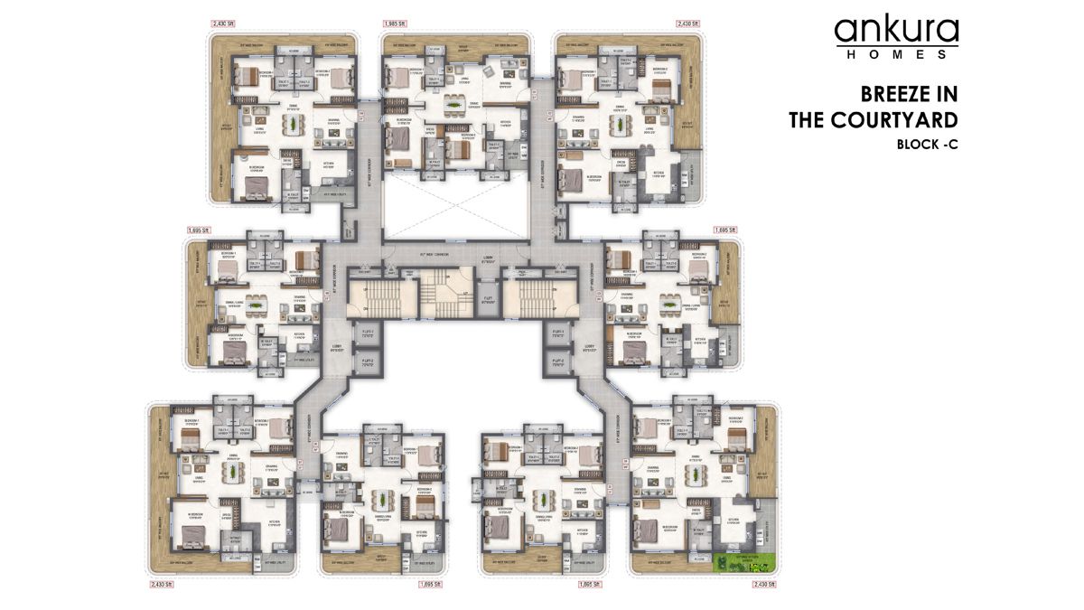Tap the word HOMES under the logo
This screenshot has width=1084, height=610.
(896, 55)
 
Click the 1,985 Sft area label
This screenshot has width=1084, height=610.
(394, 23)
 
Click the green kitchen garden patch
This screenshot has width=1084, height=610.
(744, 563)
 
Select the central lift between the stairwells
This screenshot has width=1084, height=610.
(487, 298)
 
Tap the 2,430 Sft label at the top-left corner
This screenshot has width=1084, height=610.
(222, 23)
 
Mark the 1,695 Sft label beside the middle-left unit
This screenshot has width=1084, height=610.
(198, 230)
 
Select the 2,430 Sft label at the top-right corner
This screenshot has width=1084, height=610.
(688, 23)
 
